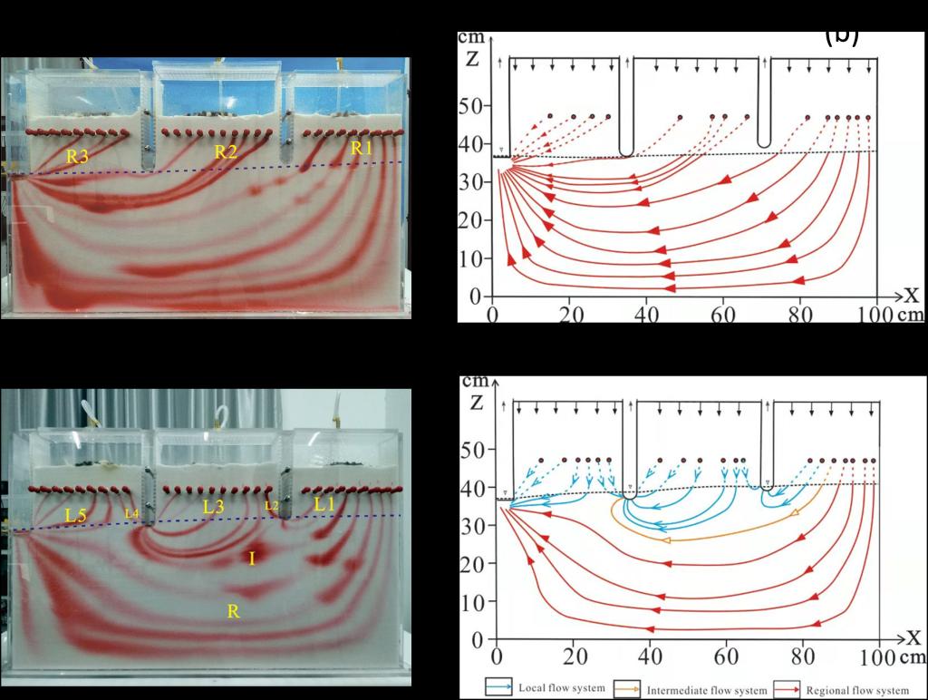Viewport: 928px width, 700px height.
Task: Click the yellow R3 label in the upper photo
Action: (77, 156)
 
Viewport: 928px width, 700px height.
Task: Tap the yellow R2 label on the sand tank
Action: (226, 152)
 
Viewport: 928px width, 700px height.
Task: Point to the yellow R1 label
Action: (362, 148)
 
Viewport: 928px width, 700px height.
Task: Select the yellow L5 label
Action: (78, 514)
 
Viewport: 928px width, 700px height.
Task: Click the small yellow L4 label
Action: (131, 514)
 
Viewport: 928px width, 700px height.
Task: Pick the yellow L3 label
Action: (214, 508)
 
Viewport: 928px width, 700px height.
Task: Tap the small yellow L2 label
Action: (271, 506)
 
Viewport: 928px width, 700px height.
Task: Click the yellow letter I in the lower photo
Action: (251, 559)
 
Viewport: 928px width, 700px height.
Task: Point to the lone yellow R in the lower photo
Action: (233, 612)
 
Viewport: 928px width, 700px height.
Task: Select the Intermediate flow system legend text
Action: (706, 691)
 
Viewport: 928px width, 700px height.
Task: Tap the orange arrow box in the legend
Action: (627, 688)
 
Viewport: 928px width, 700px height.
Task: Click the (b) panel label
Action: (841, 35)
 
